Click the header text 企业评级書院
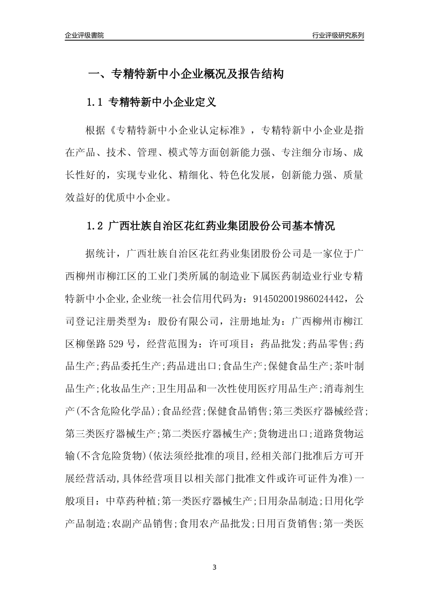pos(84,35)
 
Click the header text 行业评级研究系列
pos(338,35)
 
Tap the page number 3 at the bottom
pos(214,567)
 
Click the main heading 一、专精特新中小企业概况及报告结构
pos(185,74)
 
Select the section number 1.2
pos(95,226)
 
